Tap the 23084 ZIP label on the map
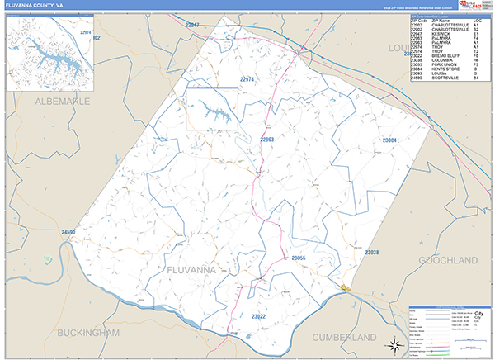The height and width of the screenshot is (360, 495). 389,141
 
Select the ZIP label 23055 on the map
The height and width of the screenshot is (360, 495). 299,258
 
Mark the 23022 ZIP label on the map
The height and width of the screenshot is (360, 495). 258,316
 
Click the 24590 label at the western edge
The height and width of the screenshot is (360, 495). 68,233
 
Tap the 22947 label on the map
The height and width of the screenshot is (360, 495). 192,26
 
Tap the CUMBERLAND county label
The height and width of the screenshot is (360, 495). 344,338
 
